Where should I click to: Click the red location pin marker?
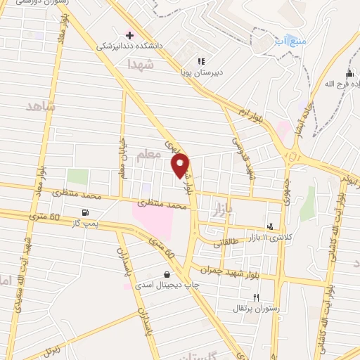[181, 165]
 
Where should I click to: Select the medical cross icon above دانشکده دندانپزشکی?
[129, 34]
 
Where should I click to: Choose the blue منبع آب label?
[290, 41]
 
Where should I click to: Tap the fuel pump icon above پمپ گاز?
[86, 213]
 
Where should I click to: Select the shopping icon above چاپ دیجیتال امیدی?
[166, 275]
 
